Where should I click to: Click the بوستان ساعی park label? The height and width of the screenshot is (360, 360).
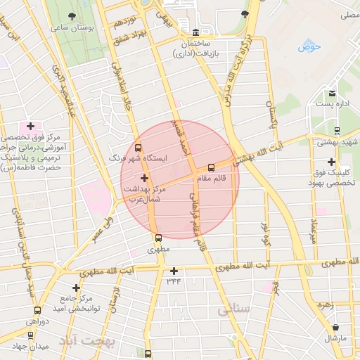click(72, 27)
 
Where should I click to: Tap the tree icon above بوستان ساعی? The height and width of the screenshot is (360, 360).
click(72, 16)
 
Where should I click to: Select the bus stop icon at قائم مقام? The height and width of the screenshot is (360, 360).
click(211, 167)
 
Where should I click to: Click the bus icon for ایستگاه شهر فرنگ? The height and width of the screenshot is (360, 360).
click(137, 148)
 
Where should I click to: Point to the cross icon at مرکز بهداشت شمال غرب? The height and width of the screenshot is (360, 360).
click(144, 178)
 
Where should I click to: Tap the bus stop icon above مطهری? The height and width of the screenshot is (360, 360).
click(158, 238)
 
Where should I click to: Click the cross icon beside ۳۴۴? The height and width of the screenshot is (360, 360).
click(174, 271)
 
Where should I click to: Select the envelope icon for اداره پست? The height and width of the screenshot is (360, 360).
click(332, 94)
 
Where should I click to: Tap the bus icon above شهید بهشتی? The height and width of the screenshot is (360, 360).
click(337, 130)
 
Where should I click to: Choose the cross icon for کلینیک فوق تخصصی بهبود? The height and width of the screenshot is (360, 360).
click(331, 162)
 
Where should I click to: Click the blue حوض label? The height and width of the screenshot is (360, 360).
click(309, 46)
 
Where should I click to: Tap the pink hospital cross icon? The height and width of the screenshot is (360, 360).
click(29, 125)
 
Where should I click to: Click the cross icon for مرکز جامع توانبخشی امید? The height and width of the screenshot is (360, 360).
click(77, 288)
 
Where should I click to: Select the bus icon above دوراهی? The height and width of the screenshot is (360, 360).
click(37, 309)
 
